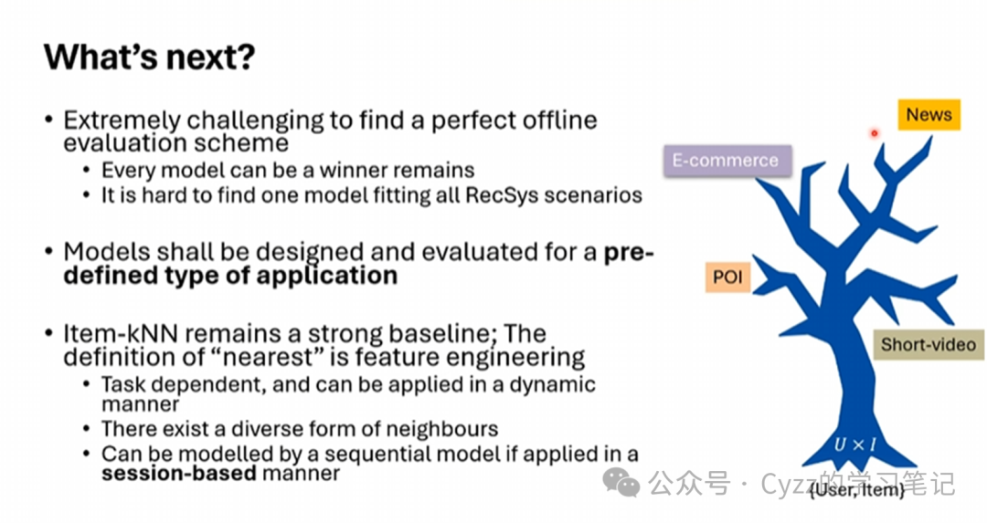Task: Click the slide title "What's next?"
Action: [149, 58]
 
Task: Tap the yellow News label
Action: [929, 115]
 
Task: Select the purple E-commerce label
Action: [725, 161]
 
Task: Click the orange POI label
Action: [727, 277]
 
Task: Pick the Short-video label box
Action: [928, 345]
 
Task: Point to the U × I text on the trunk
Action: [854, 445]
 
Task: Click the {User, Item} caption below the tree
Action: [856, 491]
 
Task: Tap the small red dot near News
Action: [874, 133]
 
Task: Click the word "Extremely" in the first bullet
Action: [115, 120]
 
